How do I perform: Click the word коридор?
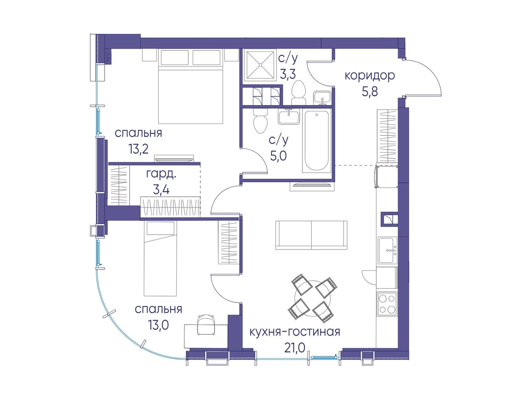(x=370, y=76)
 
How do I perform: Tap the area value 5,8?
(x=370, y=92)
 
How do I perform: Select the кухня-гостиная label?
(x=295, y=332)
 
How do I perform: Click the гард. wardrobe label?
(x=161, y=174)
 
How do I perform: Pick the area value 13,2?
(x=138, y=149)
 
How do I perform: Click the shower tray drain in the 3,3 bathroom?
(x=260, y=65)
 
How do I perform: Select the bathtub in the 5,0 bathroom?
(x=317, y=141)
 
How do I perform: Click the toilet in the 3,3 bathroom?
(x=298, y=93)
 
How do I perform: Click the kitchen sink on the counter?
(x=387, y=250)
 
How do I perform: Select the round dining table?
(x=313, y=299)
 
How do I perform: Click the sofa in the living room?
(x=311, y=235)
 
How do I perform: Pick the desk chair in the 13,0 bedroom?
(x=206, y=325)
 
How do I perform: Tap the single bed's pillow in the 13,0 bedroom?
(x=160, y=228)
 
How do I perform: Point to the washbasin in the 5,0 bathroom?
(x=289, y=117)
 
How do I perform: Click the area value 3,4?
(x=161, y=190)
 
